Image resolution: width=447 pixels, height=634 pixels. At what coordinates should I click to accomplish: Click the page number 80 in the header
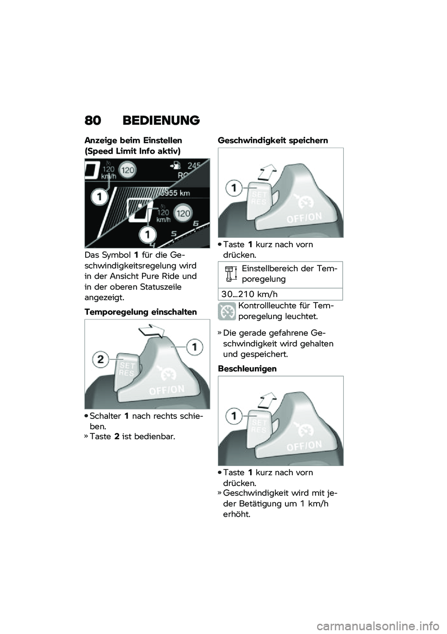(92, 121)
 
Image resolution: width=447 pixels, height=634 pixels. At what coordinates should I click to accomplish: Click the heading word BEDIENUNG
(161, 121)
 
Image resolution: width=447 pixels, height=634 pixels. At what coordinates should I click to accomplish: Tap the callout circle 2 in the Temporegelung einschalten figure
(101, 359)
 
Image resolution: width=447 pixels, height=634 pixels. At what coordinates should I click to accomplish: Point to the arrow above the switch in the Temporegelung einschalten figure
(152, 332)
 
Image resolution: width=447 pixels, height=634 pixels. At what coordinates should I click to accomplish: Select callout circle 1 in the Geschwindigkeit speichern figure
(234, 188)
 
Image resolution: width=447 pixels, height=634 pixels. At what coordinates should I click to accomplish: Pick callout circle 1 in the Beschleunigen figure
(234, 416)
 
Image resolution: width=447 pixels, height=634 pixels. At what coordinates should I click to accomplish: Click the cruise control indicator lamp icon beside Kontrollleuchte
(227, 311)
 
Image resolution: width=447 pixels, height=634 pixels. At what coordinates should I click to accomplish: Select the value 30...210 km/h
(250, 294)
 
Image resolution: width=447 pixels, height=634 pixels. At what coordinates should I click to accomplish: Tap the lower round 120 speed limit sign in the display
(183, 213)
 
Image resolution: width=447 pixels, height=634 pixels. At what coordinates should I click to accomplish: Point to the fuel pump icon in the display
(175, 165)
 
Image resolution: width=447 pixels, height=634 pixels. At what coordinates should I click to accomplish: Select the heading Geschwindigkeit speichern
(273, 141)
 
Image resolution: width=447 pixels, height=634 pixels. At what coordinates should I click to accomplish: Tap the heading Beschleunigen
(247, 369)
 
